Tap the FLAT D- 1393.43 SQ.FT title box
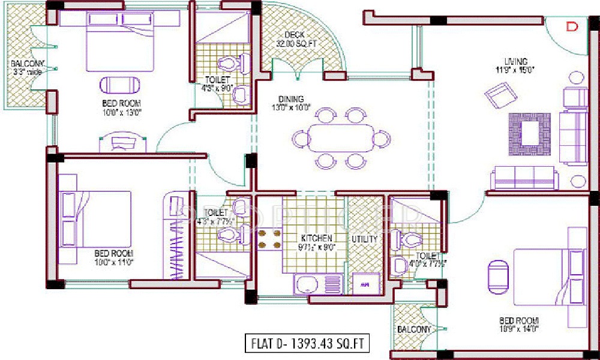click(306, 344)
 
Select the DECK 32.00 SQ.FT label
click(296, 40)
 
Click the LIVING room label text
click(515, 61)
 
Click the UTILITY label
click(365, 239)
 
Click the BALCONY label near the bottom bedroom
click(414, 329)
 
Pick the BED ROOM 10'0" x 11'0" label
click(113, 257)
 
